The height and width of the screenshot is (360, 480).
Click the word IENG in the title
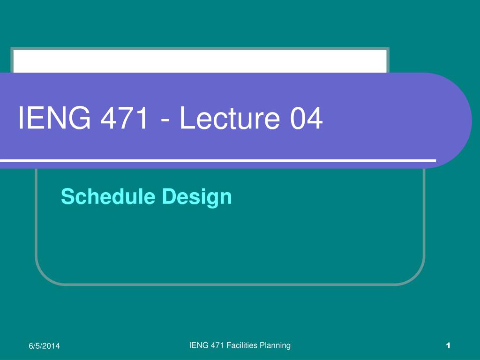click(x=54, y=118)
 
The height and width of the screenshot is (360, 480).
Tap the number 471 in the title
click(x=124, y=118)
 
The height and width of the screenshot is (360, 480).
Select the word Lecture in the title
click(x=229, y=118)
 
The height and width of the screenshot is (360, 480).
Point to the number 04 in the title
click(x=306, y=118)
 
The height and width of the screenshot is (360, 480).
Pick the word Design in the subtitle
click(x=196, y=197)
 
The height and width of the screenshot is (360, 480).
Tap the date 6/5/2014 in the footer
click(x=44, y=346)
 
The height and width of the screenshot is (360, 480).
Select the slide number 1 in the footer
click(x=448, y=345)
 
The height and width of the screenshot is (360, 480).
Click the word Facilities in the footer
click(x=242, y=345)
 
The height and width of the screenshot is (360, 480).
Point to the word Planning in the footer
click(x=275, y=346)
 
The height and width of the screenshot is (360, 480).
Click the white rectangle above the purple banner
click(x=200, y=61)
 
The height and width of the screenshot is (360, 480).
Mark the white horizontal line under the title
click(x=218, y=160)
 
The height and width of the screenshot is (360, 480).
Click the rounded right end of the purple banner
click(x=459, y=120)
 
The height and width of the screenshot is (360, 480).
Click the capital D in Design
click(x=168, y=196)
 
